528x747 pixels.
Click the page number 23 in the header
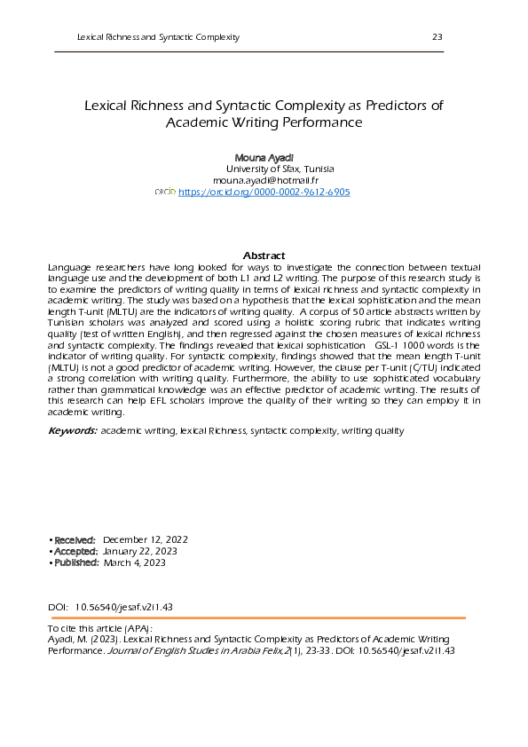pyautogui.click(x=437, y=36)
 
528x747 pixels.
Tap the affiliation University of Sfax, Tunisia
pyautogui.click(x=280, y=168)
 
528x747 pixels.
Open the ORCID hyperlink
pyautogui.click(x=264, y=192)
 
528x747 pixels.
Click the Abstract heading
pyautogui.click(x=264, y=255)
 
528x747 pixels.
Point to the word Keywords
pyautogui.click(x=72, y=430)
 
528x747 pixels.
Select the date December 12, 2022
pyautogui.click(x=145, y=539)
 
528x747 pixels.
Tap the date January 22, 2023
pyautogui.click(x=140, y=551)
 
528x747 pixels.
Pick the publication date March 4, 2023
pyautogui.click(x=134, y=562)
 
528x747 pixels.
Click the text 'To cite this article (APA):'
pyautogui.click(x=100, y=628)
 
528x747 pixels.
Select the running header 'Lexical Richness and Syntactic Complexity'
pyautogui.click(x=158, y=36)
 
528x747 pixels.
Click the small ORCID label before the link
pyautogui.click(x=165, y=192)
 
